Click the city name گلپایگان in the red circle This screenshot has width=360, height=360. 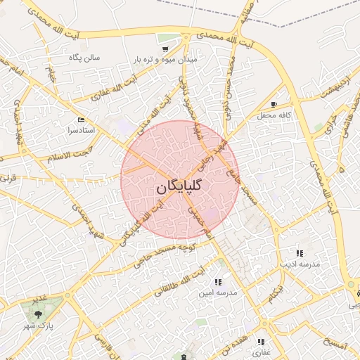178,186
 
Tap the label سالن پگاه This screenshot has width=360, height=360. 84,57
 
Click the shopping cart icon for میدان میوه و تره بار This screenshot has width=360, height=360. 165,49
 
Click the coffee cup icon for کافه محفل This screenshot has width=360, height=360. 274,104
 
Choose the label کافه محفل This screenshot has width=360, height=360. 275,115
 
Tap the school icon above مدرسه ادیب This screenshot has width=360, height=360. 300,252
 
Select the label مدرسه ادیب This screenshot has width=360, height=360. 300,264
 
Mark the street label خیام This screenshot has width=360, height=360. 51,75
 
